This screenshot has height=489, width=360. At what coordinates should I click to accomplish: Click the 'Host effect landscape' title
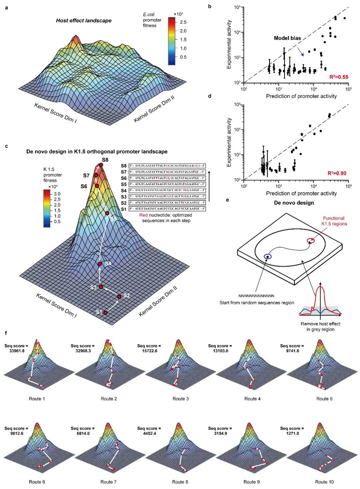[84, 21]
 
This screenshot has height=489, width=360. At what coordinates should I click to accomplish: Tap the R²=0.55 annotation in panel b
[339, 77]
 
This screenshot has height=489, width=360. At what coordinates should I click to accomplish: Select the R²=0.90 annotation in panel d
[337, 173]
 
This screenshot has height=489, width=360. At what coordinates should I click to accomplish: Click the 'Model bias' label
[287, 38]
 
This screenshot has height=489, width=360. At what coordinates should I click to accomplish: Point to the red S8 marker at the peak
[101, 165]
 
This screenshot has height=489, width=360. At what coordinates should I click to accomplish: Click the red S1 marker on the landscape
[105, 312]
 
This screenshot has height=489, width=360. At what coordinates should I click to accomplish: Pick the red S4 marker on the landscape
[100, 264]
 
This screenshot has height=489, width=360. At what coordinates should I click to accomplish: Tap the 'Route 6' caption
[37, 482]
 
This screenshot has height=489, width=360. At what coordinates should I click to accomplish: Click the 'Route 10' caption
[324, 482]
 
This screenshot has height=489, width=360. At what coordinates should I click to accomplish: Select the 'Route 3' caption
[180, 399]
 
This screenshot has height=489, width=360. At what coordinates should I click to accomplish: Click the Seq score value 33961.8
[17, 351]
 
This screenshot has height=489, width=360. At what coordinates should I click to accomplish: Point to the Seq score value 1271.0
[292, 433]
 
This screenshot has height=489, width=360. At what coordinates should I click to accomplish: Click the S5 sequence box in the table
[167, 184]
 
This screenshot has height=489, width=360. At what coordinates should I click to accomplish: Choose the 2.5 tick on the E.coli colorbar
[183, 22]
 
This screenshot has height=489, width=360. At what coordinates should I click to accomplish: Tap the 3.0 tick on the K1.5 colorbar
[57, 194]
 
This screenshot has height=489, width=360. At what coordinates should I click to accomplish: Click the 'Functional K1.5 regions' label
[334, 221]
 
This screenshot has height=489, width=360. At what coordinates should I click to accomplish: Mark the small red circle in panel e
[310, 240]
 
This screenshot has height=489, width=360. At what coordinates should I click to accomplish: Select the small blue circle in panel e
[267, 256]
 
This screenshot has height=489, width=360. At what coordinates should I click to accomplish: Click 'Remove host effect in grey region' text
[320, 326]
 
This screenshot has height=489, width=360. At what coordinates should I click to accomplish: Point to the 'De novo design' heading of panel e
[294, 203]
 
